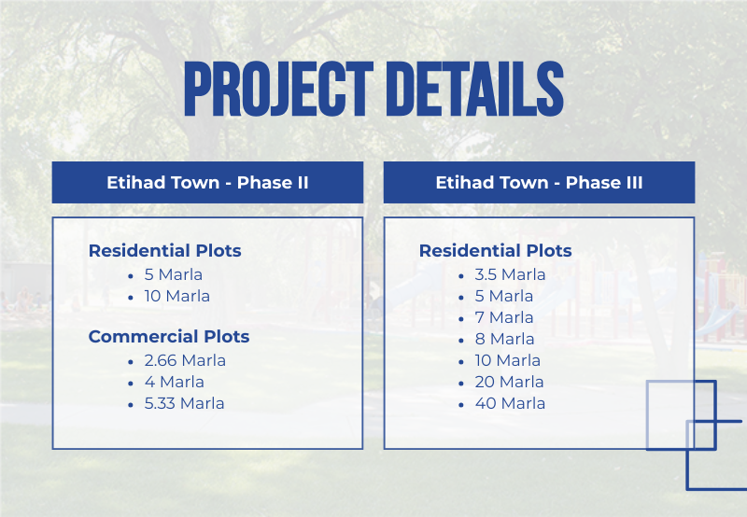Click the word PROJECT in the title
pyautogui.click(x=278, y=89)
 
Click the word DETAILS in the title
pyautogui.click(x=478, y=89)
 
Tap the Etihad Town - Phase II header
pyautogui.click(x=207, y=182)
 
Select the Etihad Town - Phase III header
pyautogui.click(x=540, y=182)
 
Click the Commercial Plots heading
pyautogui.click(x=169, y=337)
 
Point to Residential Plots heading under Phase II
pyautogui.click(x=165, y=250)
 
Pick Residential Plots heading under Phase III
pyautogui.click(x=496, y=250)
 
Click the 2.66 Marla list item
pyautogui.click(x=185, y=360)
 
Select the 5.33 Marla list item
pyautogui.click(x=184, y=403)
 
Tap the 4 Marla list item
pyautogui.click(x=175, y=382)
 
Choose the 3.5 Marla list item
pyautogui.click(x=510, y=274)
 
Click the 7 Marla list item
pyautogui.click(x=504, y=317)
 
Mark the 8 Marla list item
pyautogui.click(x=504, y=339)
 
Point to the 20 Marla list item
pyautogui.click(x=509, y=382)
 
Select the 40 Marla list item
pyautogui.click(x=510, y=403)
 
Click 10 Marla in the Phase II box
pyautogui.click(x=177, y=296)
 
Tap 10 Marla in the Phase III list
pyautogui.click(x=508, y=360)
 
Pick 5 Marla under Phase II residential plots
pyautogui.click(x=174, y=274)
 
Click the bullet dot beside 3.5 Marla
pyautogui.click(x=461, y=276)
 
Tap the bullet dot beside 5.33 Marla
pyautogui.click(x=131, y=405)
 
